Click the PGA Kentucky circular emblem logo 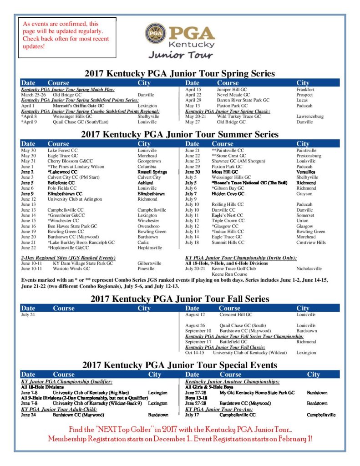[156, 34]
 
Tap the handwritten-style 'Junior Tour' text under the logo [180, 55]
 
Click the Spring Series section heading [180, 73]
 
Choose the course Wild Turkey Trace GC [239, 116]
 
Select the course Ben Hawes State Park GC [72, 226]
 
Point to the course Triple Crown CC [228, 221]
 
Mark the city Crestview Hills [311, 243]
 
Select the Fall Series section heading [180, 299]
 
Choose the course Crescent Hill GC [236, 314]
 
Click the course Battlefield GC [233, 342]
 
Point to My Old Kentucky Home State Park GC [257, 392]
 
